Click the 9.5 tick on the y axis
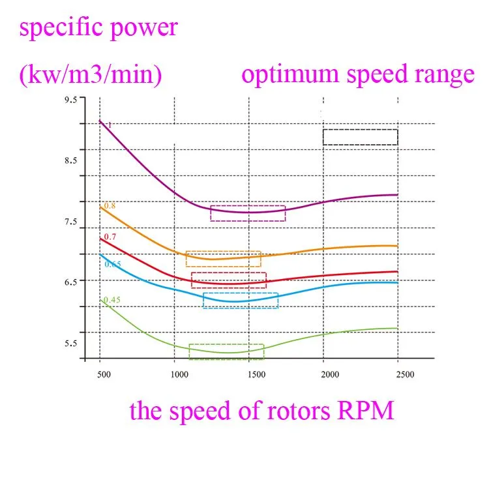[70, 100]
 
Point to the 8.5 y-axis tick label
[70, 160]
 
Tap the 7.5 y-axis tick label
[70, 222]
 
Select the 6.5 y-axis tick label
[70, 281]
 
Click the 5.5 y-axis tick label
[70, 344]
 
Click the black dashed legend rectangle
[360, 137]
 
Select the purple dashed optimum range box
[248, 213]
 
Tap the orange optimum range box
[223, 259]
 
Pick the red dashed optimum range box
[229, 280]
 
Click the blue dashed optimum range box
[241, 301]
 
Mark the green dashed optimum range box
[226, 351]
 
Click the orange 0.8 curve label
[110, 206]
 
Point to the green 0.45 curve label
[112, 300]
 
